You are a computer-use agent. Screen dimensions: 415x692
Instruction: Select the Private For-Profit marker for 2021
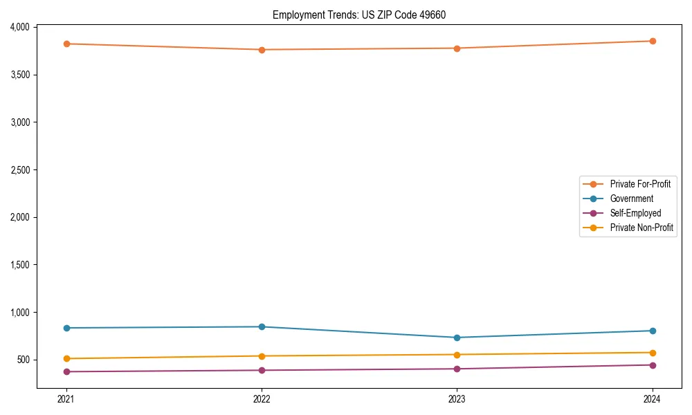(66, 44)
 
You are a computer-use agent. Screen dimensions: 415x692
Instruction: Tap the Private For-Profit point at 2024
(653, 41)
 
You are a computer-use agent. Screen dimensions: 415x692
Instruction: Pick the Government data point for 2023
(457, 338)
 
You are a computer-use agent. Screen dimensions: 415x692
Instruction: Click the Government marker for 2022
(262, 326)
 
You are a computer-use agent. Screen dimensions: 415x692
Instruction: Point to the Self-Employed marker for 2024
(653, 365)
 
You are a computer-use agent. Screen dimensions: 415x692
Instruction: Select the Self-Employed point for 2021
(66, 371)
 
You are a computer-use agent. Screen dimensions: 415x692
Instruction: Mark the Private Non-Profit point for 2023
(457, 355)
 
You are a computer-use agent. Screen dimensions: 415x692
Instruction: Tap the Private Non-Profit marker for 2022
(262, 356)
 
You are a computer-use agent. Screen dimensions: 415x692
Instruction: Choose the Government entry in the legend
(631, 199)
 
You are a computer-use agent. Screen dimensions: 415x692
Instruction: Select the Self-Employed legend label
(635, 213)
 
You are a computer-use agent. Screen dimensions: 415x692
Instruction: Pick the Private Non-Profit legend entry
(641, 228)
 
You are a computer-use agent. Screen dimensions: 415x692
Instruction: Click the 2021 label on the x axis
(66, 398)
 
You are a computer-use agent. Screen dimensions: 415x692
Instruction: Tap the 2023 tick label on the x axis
(457, 398)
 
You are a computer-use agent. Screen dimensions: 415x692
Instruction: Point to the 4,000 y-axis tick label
(20, 27)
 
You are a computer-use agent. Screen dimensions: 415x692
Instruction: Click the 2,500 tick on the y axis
(20, 169)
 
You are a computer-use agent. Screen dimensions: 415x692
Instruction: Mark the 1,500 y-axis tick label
(20, 265)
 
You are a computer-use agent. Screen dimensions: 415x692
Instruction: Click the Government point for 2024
(653, 331)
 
